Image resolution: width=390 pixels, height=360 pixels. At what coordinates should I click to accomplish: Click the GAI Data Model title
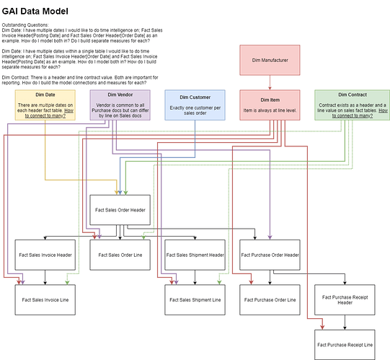pyautogui.click(x=35, y=12)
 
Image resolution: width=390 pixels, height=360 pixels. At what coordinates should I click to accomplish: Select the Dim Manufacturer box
pyautogui.click(x=270, y=60)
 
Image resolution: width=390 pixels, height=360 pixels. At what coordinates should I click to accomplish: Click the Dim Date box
pyautogui.click(x=45, y=105)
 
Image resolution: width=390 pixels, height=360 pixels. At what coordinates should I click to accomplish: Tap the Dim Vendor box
pyautogui.click(x=120, y=105)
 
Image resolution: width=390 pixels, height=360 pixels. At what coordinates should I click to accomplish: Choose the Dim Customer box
pyautogui.click(x=195, y=105)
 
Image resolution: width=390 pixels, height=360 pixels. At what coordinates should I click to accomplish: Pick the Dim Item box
pyautogui.click(x=270, y=105)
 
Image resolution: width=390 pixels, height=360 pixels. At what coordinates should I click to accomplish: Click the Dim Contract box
pyautogui.click(x=353, y=105)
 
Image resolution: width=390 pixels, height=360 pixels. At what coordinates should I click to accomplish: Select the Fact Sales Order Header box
pyautogui.click(x=120, y=210)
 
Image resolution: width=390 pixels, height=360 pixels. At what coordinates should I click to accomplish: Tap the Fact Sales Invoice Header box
pyautogui.click(x=45, y=255)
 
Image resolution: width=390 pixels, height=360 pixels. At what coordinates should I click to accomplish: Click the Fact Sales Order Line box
pyautogui.click(x=120, y=255)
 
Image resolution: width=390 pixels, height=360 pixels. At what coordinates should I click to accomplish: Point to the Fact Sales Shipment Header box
pyautogui.click(x=195, y=255)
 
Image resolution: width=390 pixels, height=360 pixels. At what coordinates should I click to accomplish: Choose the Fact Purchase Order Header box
pyautogui.click(x=270, y=255)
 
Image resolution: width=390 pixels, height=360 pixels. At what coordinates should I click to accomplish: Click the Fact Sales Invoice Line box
pyautogui.click(x=45, y=300)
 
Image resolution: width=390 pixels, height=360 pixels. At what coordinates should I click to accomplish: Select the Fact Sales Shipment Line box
pyautogui.click(x=195, y=300)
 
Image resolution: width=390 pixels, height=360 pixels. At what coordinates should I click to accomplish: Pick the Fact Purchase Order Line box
pyautogui.click(x=270, y=300)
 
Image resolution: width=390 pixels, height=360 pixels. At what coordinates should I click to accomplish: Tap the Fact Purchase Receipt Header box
pyautogui.click(x=345, y=300)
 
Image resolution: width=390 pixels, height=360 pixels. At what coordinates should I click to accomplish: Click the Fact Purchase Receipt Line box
pyautogui.click(x=345, y=345)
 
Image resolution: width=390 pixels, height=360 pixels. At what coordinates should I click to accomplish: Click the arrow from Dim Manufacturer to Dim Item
pyautogui.click(x=270, y=83)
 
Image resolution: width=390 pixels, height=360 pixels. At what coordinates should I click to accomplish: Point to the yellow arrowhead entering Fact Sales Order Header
pyautogui.click(x=116, y=193)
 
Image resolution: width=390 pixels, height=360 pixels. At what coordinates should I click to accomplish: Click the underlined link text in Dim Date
pyautogui.click(x=49, y=113)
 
